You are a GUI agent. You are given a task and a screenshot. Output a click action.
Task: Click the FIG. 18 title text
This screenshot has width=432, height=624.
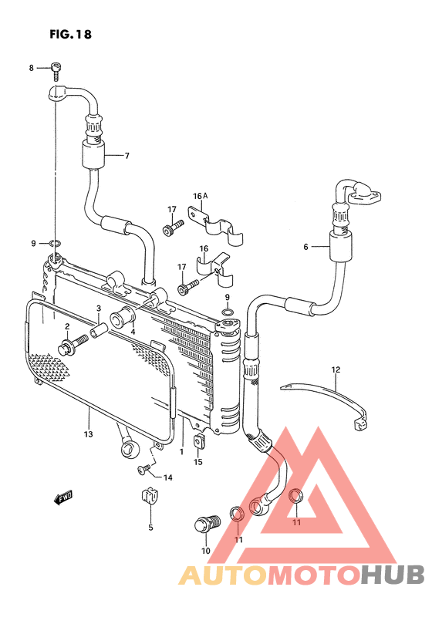tap(70, 34)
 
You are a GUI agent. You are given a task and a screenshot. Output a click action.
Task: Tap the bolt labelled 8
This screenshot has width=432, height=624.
tap(56, 72)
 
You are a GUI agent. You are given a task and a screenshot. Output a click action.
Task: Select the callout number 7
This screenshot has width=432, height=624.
tap(127, 156)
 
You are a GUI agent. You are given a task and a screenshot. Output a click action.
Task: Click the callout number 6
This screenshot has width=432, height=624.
tap(305, 247)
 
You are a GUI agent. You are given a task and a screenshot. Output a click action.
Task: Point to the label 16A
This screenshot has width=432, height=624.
tap(201, 196)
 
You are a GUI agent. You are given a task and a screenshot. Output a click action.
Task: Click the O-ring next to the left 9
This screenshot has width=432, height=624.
tap(56, 243)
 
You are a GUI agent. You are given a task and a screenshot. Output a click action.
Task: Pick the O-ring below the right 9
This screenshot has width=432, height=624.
tap(228, 312)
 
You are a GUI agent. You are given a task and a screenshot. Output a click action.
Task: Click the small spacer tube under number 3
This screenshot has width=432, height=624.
tap(100, 330)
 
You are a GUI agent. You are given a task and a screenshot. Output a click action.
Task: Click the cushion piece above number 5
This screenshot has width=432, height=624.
tap(150, 496)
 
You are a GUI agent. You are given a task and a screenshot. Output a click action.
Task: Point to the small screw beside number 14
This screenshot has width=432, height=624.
tap(144, 469)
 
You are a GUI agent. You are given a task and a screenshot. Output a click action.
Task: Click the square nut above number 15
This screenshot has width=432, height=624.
tap(199, 442)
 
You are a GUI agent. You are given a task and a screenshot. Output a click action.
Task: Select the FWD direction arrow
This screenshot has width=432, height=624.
tap(63, 498)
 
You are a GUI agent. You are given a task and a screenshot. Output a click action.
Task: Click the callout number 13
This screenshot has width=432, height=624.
tap(88, 433)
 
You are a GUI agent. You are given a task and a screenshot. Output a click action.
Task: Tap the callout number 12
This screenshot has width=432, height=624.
tap(336, 369)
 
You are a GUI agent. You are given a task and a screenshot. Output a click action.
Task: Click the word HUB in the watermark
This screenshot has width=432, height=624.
tap(392, 575)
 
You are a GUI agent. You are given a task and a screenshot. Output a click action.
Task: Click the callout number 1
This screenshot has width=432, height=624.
tap(181, 452)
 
